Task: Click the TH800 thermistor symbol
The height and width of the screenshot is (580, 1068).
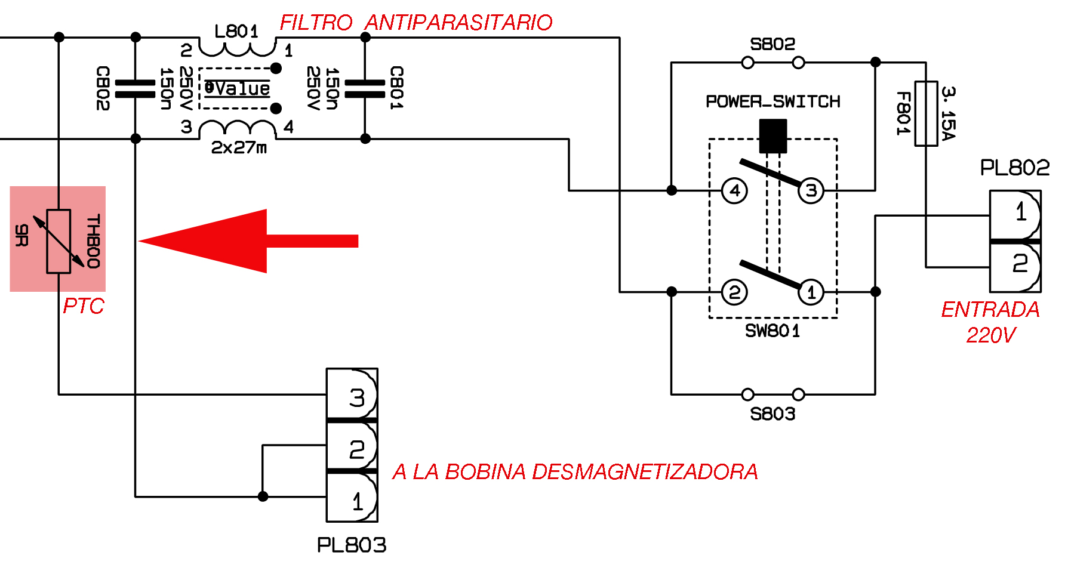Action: [59, 241]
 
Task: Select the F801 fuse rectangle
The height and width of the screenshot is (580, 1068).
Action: [926, 113]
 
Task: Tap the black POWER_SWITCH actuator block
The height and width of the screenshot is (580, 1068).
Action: [772, 135]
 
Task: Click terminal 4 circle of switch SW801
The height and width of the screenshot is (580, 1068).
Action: [734, 191]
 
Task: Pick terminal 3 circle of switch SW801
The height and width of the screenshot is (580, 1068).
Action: [811, 191]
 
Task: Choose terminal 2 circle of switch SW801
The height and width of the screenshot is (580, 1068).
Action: [734, 292]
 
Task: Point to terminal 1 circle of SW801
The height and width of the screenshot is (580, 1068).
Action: [811, 292]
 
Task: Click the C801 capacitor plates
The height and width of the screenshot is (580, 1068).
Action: [365, 88]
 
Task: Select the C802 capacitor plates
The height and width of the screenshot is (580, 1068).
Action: [136, 88]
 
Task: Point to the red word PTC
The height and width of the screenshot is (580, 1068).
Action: [84, 306]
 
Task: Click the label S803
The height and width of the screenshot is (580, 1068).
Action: [772, 414]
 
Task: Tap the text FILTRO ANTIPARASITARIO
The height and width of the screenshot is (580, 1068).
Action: [416, 23]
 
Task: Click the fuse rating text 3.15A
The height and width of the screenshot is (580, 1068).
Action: [948, 113]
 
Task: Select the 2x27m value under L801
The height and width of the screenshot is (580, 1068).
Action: [239, 147]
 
